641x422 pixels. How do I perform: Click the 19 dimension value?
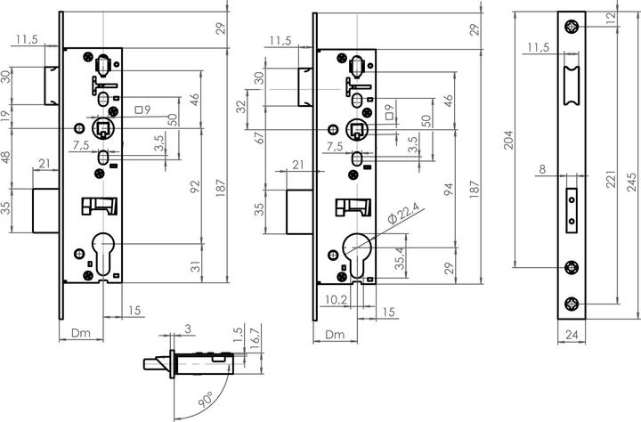click(x=6, y=117)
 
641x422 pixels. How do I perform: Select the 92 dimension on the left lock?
click(x=195, y=186)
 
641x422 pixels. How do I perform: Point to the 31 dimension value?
click(x=196, y=266)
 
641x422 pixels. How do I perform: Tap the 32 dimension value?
click(x=242, y=107)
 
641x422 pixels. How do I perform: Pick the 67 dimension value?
click(x=260, y=137)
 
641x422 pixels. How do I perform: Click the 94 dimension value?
click(x=449, y=189)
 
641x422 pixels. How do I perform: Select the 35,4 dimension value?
click(x=401, y=258)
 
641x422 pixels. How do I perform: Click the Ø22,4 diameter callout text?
click(x=403, y=214)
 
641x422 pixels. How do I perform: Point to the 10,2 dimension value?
click(x=336, y=300)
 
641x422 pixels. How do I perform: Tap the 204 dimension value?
click(x=507, y=140)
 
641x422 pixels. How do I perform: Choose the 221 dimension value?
click(x=611, y=179)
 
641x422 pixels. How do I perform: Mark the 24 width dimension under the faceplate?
click(x=572, y=335)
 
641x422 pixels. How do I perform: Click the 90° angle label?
click(x=207, y=399)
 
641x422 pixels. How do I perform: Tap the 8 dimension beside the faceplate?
click(x=542, y=169)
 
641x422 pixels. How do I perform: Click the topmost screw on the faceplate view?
click(x=572, y=27)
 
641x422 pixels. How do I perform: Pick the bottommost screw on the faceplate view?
click(x=572, y=304)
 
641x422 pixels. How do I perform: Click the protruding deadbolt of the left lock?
click(x=46, y=211)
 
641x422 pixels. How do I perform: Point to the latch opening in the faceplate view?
click(x=572, y=85)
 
